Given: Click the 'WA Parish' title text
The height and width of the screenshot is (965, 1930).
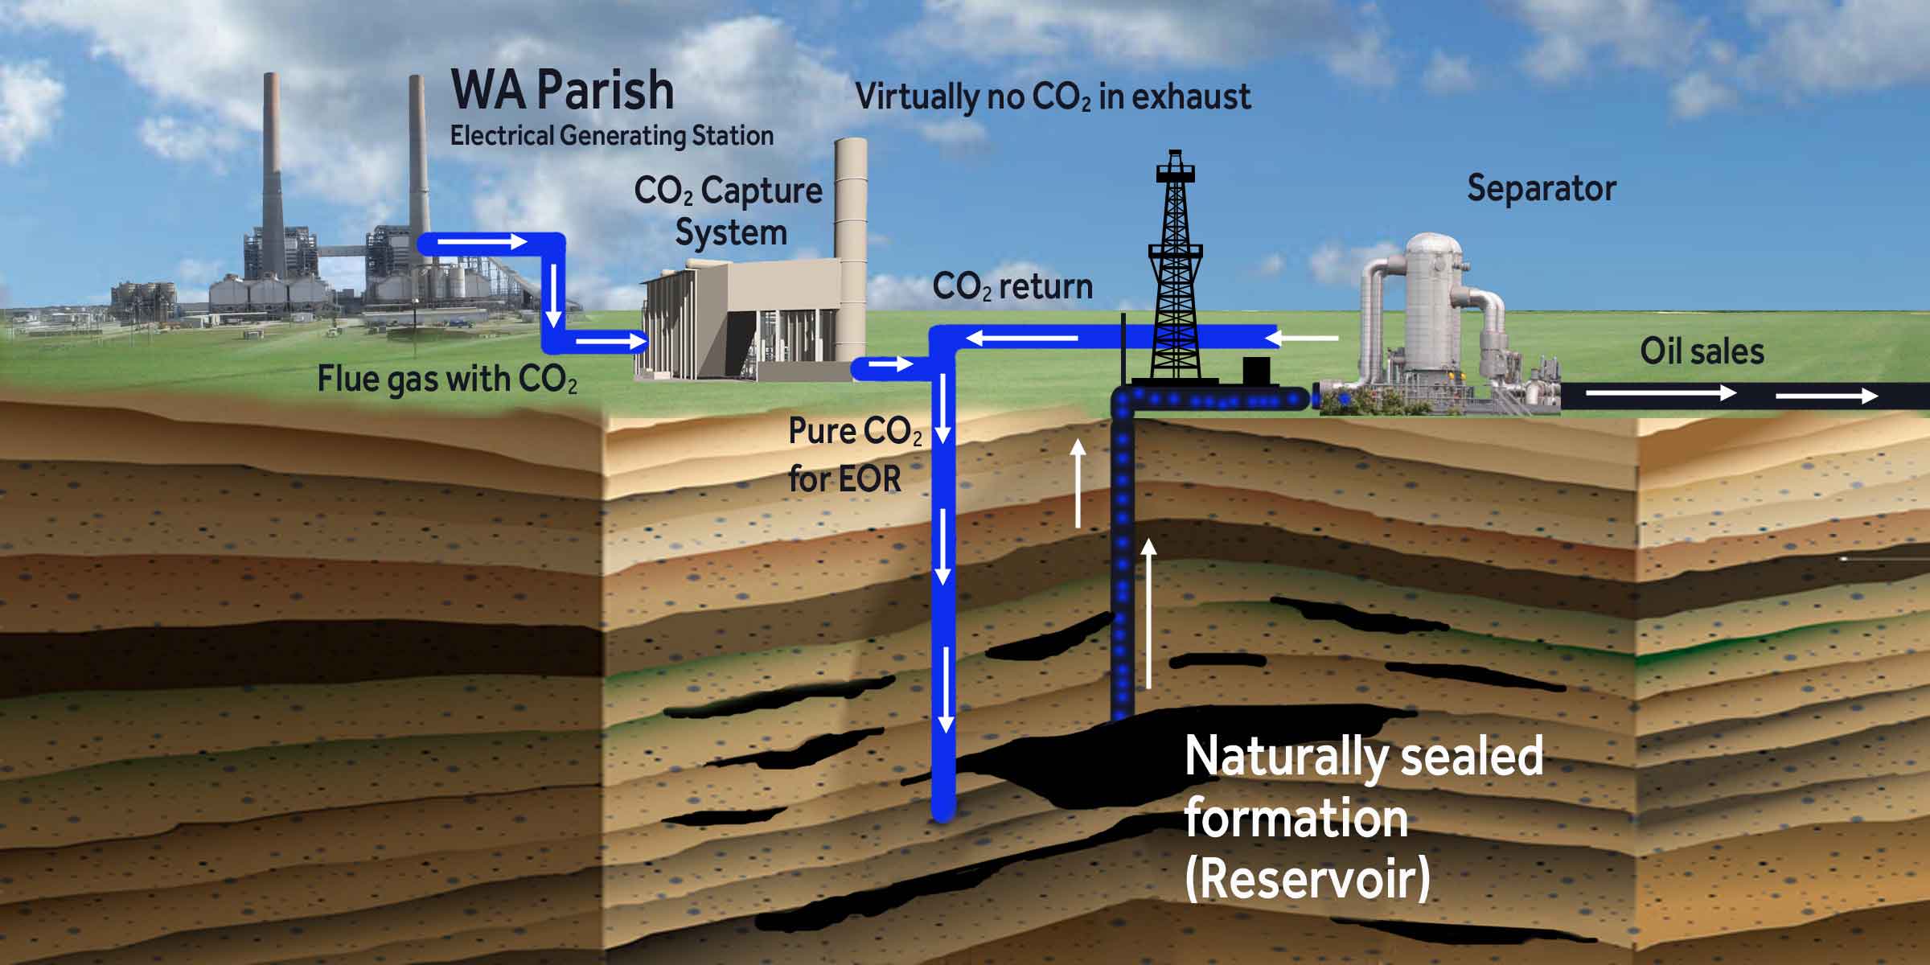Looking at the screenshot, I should point(562,90).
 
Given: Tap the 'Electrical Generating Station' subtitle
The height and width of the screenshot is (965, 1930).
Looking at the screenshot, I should point(611,136).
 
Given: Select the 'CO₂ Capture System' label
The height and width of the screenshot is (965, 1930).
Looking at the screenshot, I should point(729,211).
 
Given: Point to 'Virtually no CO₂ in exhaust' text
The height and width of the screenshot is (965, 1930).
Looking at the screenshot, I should point(1053,97).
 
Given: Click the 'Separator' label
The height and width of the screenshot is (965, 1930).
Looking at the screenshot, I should point(1541,189).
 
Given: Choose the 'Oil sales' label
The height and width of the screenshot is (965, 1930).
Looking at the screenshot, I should point(1702,352).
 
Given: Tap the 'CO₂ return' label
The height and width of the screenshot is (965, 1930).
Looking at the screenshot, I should point(1012,287).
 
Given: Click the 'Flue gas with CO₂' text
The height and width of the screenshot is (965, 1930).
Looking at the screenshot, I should point(447,380).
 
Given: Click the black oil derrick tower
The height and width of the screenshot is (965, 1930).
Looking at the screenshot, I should point(1175,273).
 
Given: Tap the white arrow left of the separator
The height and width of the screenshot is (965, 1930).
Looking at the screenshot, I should point(1306,339).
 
